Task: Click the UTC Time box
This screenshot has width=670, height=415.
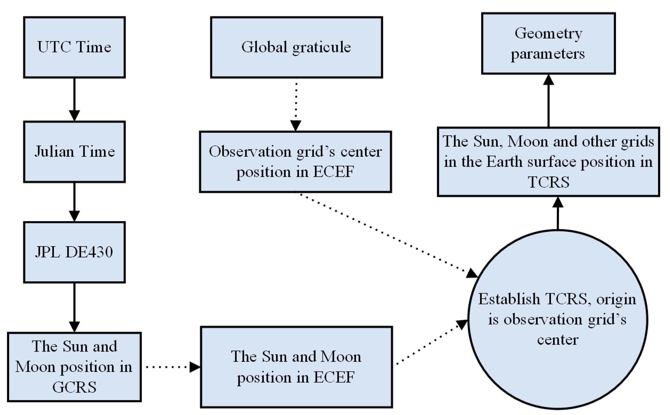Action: point(74,47)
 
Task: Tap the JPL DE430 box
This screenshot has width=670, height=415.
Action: point(74,252)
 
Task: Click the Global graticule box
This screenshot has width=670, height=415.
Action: point(296,47)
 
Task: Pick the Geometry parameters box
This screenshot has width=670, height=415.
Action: point(548,43)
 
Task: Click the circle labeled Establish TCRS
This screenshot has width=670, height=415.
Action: point(558,320)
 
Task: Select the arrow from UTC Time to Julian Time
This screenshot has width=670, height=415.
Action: point(74,99)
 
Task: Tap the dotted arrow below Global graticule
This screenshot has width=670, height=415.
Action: point(296,104)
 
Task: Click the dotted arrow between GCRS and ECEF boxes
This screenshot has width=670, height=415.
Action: point(170,367)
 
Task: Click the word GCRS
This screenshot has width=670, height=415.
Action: point(74,387)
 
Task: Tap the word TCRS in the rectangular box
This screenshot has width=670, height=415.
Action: point(548,182)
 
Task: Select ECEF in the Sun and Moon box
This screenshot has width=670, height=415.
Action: point(334,377)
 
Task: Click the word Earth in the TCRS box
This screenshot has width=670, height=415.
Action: point(504,162)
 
